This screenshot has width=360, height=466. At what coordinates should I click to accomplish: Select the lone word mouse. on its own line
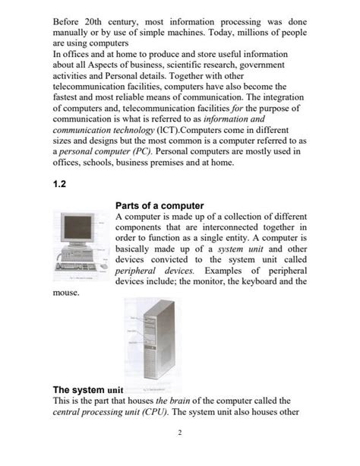(65, 293)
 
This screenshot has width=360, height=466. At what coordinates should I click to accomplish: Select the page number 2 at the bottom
(179, 433)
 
